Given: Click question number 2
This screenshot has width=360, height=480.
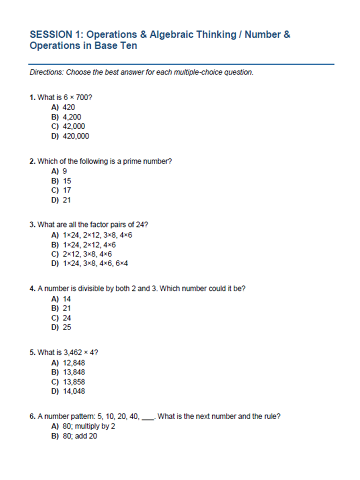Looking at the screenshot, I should [x=32, y=161].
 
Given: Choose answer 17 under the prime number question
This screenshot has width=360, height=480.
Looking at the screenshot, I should [x=67, y=190].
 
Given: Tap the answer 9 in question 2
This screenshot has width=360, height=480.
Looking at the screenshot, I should [x=65, y=171].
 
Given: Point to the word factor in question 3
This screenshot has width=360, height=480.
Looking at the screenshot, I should [x=97, y=225].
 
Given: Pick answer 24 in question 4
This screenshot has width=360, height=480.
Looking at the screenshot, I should [x=67, y=318].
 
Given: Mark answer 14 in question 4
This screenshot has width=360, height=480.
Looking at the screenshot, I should [x=67, y=299].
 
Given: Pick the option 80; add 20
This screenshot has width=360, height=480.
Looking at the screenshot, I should [x=80, y=436].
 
